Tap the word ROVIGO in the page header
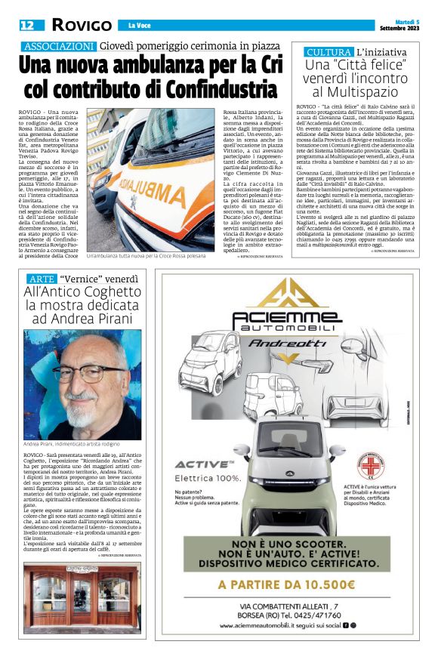point(80,25)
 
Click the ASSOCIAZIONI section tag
point(58,47)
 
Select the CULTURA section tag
point(328,52)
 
